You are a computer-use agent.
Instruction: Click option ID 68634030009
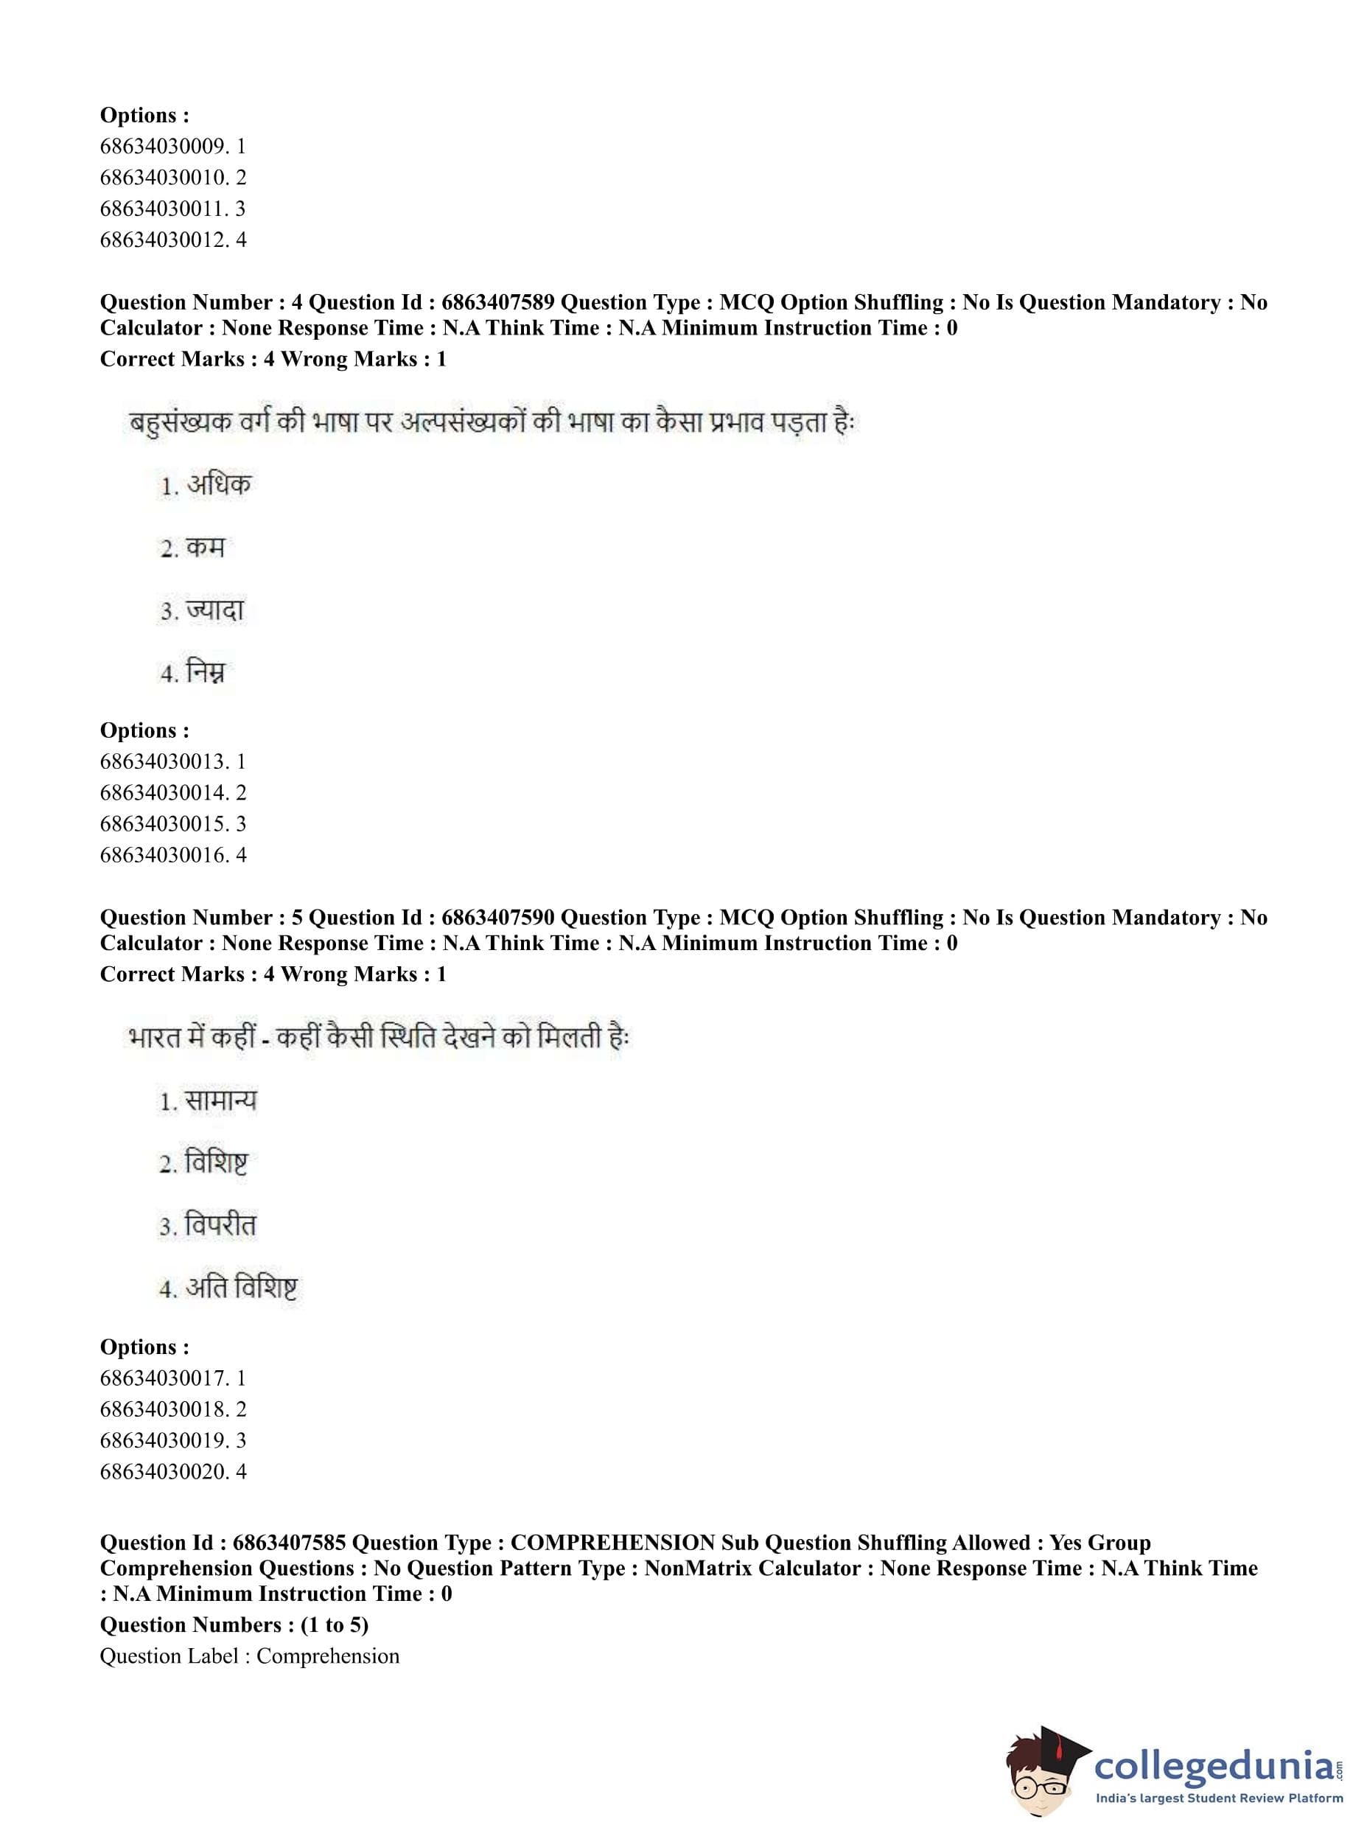tap(163, 147)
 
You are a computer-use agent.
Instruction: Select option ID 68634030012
tap(163, 240)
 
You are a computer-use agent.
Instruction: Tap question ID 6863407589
tap(497, 302)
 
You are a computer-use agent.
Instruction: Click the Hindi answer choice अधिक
tap(218, 485)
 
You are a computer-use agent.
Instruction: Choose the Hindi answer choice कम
tap(205, 547)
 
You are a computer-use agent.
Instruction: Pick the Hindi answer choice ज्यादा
tap(214, 610)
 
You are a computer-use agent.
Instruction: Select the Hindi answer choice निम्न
tap(205, 672)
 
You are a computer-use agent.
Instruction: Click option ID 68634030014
tap(163, 793)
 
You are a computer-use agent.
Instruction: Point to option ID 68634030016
tap(163, 855)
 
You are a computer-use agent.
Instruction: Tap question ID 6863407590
tap(497, 918)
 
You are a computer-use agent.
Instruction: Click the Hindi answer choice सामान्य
tap(220, 1100)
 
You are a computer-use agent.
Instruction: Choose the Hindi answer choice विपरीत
tap(220, 1226)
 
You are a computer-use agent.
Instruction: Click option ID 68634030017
tap(163, 1378)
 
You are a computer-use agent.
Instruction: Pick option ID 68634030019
tap(163, 1441)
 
